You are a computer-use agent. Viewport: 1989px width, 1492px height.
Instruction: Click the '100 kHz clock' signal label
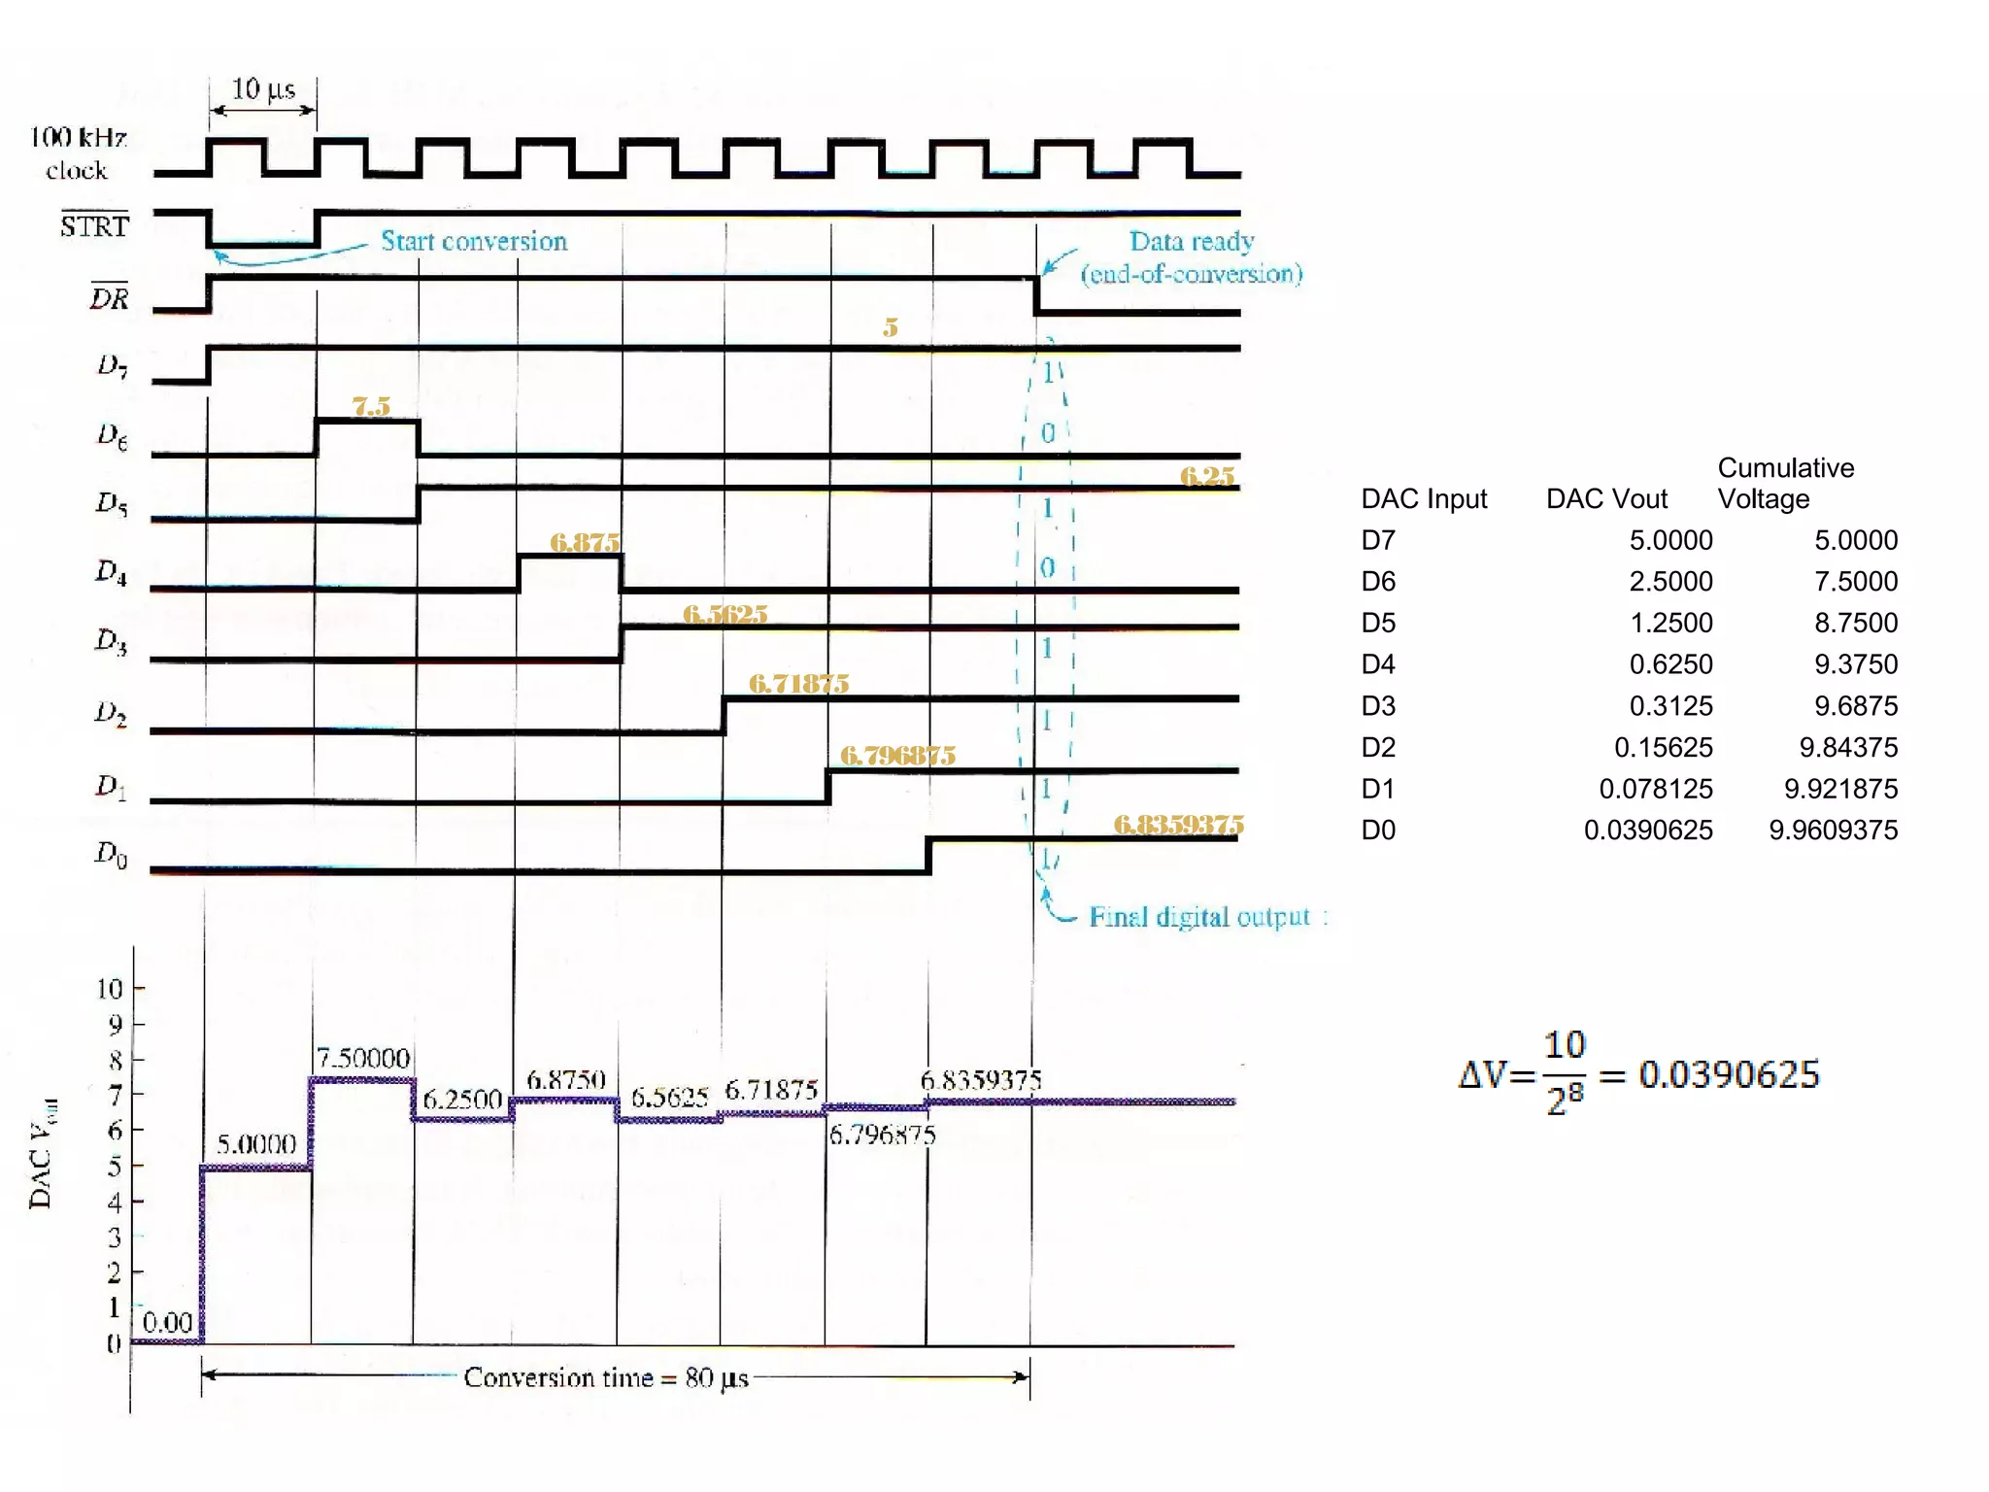click(78, 153)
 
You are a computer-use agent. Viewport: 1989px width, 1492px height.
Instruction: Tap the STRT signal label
click(94, 225)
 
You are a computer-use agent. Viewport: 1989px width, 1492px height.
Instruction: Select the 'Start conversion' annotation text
click(473, 241)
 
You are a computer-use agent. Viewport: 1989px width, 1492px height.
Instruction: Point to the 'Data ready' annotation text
click(1191, 241)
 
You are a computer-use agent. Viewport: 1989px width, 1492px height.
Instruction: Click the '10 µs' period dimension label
click(262, 89)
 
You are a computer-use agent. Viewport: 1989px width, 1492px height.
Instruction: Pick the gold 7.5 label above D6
click(371, 406)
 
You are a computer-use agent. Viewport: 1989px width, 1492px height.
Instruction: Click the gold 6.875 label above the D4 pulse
click(584, 542)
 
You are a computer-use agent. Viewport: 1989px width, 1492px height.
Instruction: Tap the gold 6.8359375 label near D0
click(1177, 825)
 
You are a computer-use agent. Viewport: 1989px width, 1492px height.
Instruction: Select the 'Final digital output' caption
click(1199, 917)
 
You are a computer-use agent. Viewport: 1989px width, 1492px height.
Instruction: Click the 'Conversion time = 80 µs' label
click(606, 1377)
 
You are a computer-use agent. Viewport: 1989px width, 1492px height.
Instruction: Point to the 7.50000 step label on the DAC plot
click(363, 1058)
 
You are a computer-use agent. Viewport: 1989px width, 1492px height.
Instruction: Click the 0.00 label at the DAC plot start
click(167, 1322)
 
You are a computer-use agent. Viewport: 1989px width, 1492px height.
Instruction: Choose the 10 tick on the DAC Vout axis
click(110, 989)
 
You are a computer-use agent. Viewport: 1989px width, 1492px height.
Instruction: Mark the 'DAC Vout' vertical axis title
click(42, 1153)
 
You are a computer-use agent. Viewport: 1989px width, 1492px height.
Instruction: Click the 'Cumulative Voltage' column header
click(1785, 483)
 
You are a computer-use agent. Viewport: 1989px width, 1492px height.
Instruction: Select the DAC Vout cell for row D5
click(1670, 623)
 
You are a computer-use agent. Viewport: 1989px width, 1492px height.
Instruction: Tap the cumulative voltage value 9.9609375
click(1833, 831)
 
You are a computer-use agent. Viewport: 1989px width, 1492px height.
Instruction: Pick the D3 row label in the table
click(1378, 706)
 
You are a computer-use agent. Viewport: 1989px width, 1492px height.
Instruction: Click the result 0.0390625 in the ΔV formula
click(1729, 1074)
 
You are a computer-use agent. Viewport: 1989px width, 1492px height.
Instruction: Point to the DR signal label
click(109, 297)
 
